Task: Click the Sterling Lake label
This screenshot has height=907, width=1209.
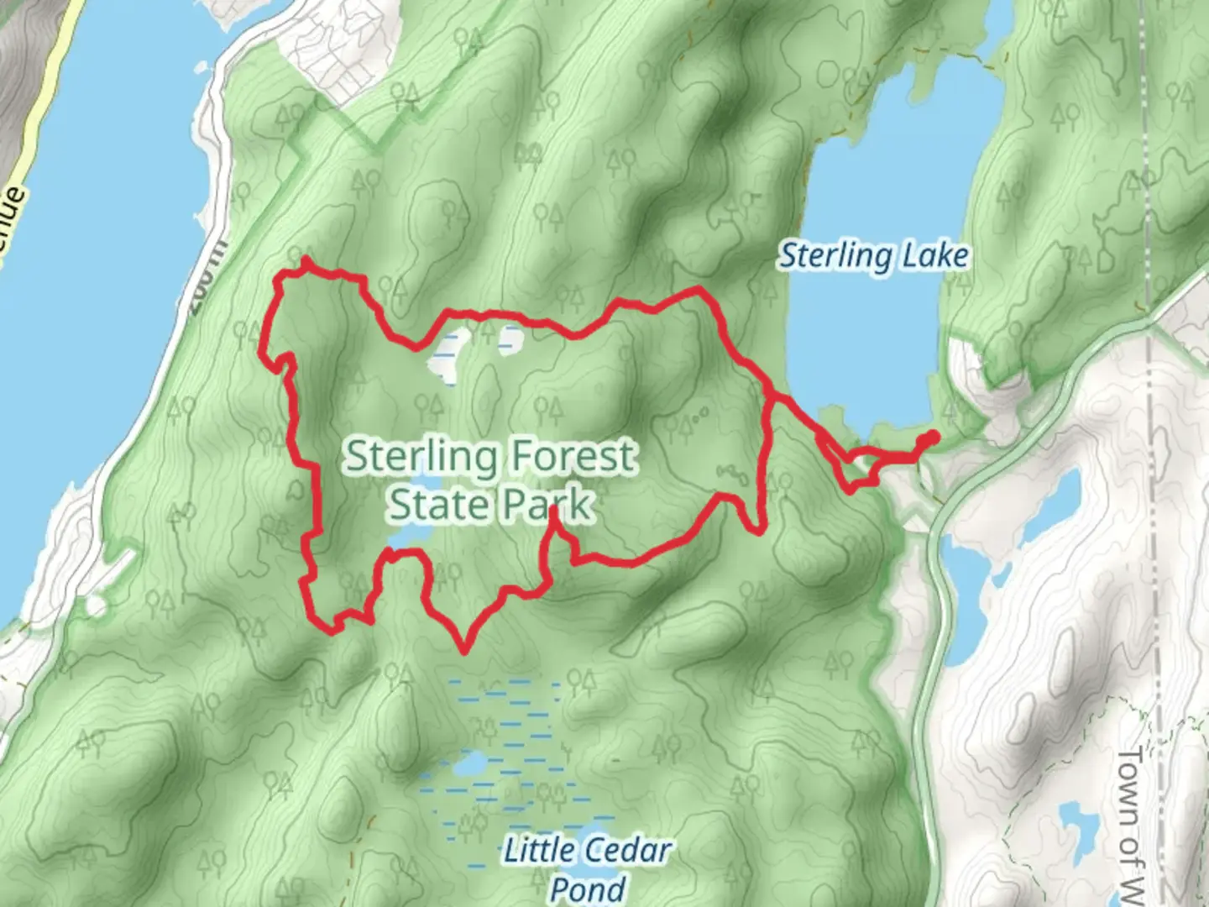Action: coord(874,255)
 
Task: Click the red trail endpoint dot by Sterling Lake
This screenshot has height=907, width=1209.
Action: coord(932,436)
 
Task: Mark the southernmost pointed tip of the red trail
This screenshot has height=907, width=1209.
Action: coord(463,649)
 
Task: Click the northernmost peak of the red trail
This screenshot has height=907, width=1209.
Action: coord(306,261)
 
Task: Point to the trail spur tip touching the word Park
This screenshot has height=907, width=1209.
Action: coord(554,509)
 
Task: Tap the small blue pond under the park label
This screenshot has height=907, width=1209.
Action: coord(411,536)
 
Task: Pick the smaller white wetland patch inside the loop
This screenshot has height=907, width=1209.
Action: coord(510,338)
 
